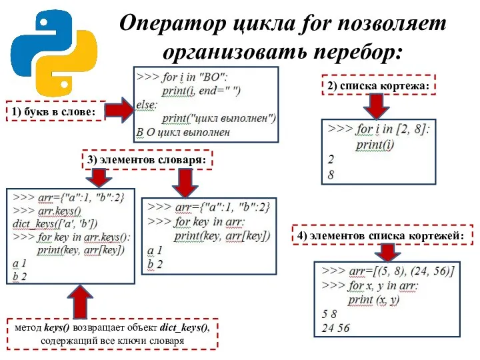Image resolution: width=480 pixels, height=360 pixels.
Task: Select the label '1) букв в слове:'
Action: [53, 111]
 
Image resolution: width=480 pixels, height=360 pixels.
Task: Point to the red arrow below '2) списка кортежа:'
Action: [375, 105]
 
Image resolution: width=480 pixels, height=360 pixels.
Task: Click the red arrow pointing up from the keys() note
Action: [81, 302]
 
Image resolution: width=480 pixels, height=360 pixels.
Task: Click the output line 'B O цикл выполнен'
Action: [183, 132]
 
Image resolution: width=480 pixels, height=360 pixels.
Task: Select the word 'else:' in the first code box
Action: [147, 104]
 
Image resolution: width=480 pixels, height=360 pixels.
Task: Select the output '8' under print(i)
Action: [331, 175]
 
